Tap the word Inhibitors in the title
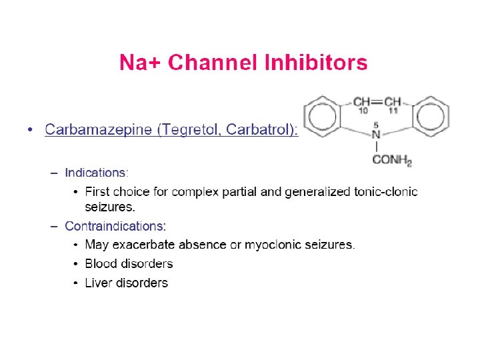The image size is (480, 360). tap(316, 63)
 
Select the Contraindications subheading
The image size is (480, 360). tap(115, 226)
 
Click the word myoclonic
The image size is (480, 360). tap(274, 245)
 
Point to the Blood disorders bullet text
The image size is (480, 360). tap(129, 264)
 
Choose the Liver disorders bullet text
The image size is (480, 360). tap(126, 283)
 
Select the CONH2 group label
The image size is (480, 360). tap(392, 160)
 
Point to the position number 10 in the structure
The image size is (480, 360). tap(363, 111)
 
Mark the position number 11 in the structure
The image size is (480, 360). tap(393, 111)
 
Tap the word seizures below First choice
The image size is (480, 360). tap(110, 207)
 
